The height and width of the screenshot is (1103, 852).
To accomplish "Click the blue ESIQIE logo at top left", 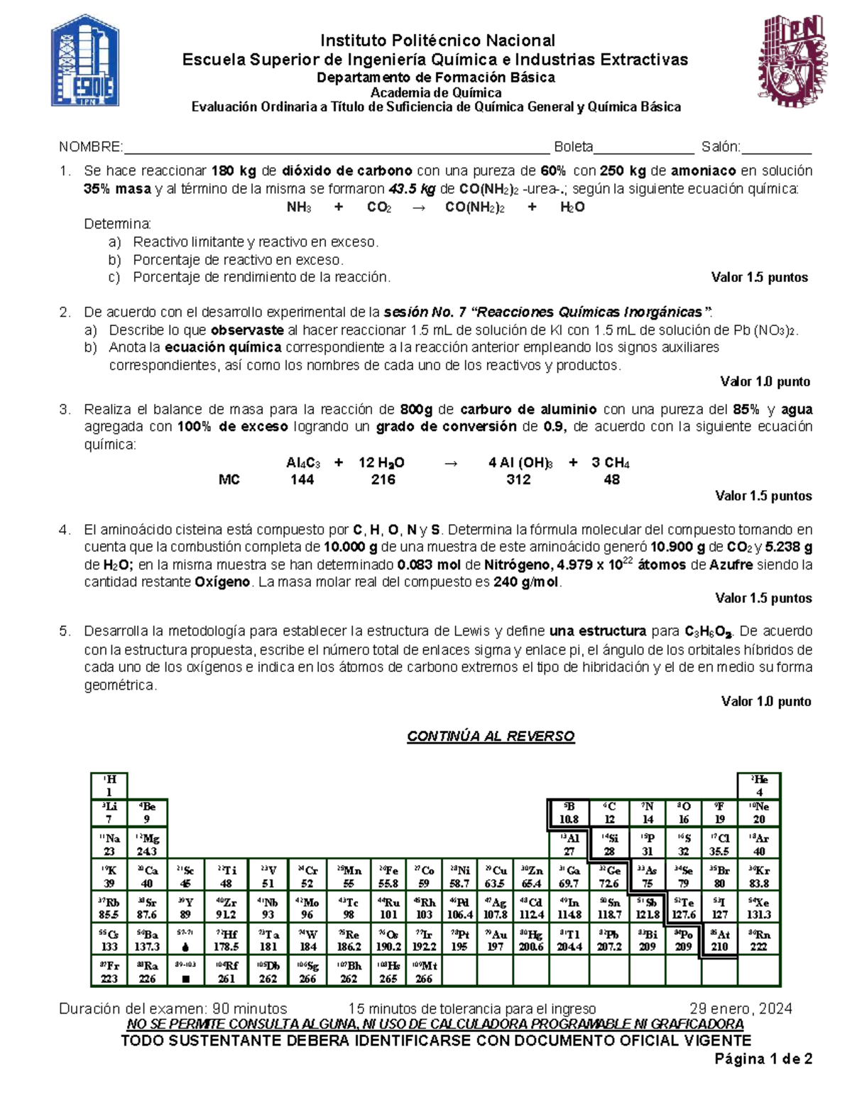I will click(x=85, y=60).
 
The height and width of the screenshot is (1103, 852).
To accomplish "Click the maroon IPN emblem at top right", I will click(x=790, y=60).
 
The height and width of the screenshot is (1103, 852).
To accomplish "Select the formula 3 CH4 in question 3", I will click(x=610, y=462).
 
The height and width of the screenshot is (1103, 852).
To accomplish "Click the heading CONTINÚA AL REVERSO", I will click(x=491, y=736).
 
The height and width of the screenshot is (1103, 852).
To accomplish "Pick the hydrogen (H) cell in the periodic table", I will click(x=109, y=786).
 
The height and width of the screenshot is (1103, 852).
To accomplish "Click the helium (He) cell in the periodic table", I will click(x=759, y=786).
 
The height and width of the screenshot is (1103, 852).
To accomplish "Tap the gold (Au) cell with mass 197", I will click(x=496, y=940).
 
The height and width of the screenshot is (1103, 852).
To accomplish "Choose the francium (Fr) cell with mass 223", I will click(x=109, y=971).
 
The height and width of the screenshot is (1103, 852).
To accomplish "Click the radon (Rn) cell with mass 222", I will click(x=759, y=940).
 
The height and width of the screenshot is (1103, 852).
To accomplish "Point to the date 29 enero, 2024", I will click(x=741, y=1009).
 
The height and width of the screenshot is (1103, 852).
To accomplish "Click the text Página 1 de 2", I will click(x=763, y=1059).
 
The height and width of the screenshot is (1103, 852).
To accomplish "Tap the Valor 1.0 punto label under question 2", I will click(x=765, y=381).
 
